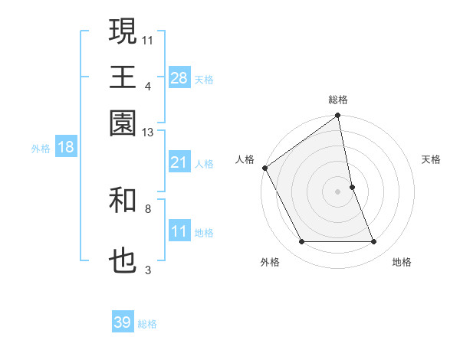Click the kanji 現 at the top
coord(123,31)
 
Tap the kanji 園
coord(123,123)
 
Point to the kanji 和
coord(123,201)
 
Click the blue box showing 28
coord(179,78)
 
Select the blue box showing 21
coord(179,162)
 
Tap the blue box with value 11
coord(179,232)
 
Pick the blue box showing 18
coord(65,148)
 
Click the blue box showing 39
coord(123,322)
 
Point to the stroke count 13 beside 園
coord(147,133)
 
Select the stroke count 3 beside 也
coord(148,270)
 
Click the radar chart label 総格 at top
coord(338,100)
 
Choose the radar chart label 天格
coord(431,159)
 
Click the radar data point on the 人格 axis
coord(265,168)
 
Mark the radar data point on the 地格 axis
coord(374,242)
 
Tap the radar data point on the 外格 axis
coord(301,242)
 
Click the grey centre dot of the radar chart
coord(338,191)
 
